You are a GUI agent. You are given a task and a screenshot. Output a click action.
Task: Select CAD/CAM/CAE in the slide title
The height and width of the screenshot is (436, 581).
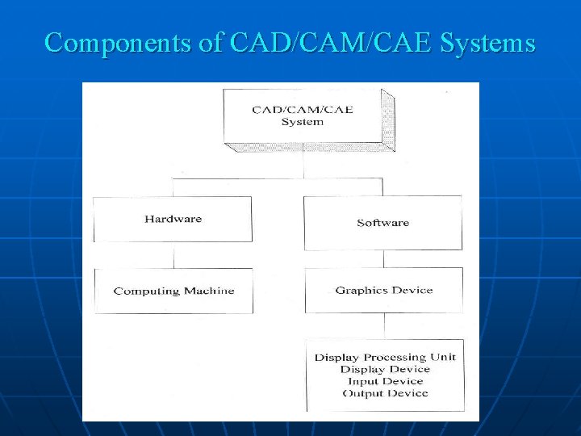coord(331,43)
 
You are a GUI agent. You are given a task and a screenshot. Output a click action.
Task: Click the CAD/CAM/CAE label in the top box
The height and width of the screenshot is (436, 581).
coord(303,110)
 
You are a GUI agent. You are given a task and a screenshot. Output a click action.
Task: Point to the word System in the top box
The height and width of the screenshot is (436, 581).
coord(303,122)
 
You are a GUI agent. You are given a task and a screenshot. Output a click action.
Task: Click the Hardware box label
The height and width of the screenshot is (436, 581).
coord(173,219)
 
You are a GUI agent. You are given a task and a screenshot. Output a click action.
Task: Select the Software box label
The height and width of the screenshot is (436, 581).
coord(382,222)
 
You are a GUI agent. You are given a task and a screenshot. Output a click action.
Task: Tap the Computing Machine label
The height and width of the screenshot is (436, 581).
coord(173,291)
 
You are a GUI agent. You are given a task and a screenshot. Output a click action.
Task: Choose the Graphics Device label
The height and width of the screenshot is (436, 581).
coord(384,290)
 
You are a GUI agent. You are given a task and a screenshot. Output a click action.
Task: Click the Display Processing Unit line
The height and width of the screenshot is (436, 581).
coord(385,357)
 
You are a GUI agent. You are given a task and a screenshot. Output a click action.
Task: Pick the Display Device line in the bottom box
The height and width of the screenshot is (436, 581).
coord(385,369)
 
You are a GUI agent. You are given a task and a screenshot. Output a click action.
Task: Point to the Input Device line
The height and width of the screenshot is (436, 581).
coord(385,381)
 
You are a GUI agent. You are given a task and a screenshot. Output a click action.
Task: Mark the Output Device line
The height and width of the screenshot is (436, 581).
coord(385,393)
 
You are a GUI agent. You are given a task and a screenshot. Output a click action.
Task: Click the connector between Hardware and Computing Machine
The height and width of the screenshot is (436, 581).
coord(173,255)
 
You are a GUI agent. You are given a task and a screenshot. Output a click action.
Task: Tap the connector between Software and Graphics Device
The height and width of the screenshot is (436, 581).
coord(384,258)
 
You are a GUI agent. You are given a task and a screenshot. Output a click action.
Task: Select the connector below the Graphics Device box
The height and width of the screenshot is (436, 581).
coord(384,325)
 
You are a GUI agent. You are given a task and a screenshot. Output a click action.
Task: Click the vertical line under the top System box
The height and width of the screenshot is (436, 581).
coord(303,166)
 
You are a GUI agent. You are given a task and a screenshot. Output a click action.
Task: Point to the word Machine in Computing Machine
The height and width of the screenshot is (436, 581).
coord(208,291)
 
